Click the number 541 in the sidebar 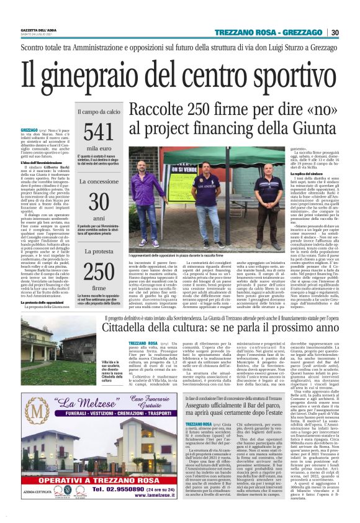point(98,132)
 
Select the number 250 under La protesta point(99,271)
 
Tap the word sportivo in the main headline point(288,72)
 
